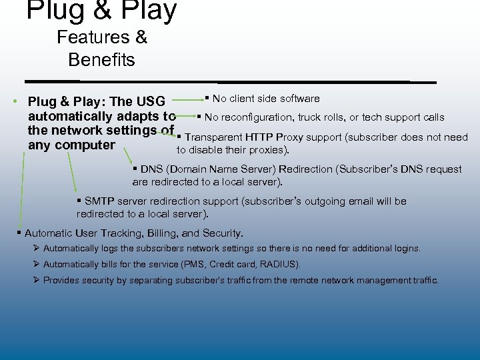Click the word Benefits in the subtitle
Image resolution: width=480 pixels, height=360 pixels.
pyautogui.click(x=101, y=60)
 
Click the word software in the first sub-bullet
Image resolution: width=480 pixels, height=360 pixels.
pyautogui.click(x=298, y=99)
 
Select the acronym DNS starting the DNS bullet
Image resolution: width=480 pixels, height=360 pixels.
pyautogui.click(x=151, y=169)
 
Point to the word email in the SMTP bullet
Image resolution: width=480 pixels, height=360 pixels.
pyautogui.click(x=350, y=201)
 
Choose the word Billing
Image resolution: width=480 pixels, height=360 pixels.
pyautogui.click(x=161, y=233)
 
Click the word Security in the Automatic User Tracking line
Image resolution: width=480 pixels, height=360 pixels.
pyautogui.click(x=221, y=233)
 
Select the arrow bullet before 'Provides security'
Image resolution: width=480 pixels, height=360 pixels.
pyautogui.click(x=36, y=280)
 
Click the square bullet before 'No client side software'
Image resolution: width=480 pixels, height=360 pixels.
pyautogui.click(x=207, y=99)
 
